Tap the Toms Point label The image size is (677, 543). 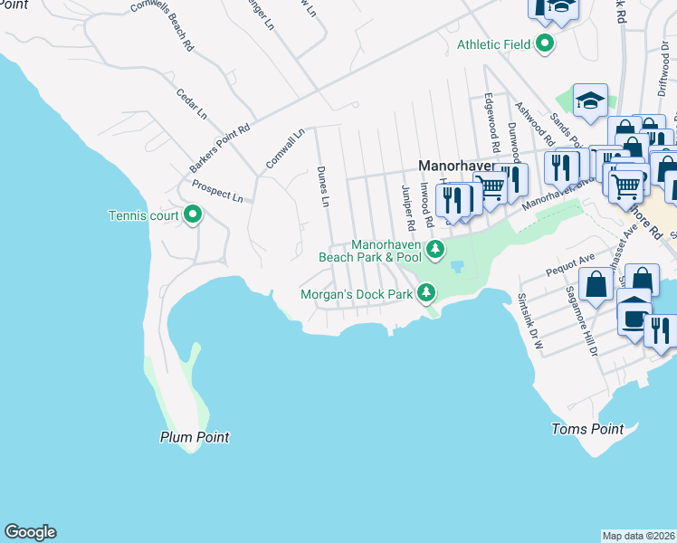coord(588,429)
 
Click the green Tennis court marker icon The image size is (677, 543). coord(193,215)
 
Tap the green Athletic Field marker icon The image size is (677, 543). coord(544,43)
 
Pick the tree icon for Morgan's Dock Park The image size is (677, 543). coord(426,292)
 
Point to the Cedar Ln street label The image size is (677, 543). coord(192,105)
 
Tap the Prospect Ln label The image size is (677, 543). coord(217,191)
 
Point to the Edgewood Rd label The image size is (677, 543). coord(491,121)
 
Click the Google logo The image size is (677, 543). coord(30,532)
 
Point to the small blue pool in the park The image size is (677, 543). coord(456,266)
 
